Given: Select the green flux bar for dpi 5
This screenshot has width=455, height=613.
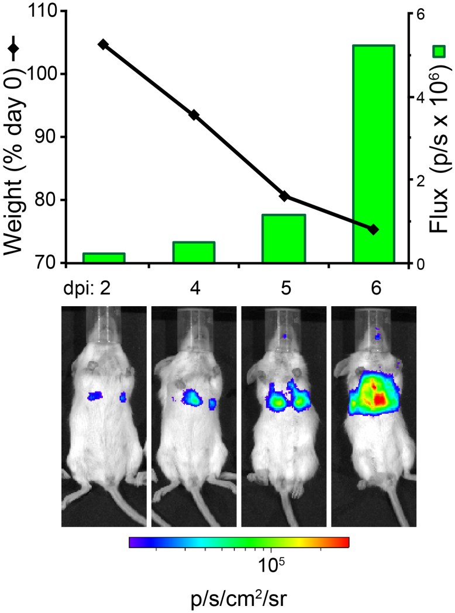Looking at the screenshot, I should click(284, 239).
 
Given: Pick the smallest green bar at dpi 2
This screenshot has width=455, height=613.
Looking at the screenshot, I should click(104, 258).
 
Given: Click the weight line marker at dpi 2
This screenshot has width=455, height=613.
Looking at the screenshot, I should click(103, 44).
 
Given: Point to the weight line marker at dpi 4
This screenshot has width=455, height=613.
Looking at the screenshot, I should click(194, 115).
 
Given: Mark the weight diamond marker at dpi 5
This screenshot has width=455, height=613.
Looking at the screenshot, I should click(284, 196).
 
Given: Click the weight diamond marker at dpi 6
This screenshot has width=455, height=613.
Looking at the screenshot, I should click(374, 230).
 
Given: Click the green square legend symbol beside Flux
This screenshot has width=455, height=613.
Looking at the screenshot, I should click(439, 51).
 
